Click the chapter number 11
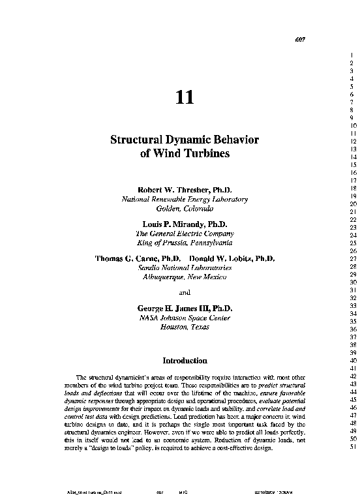pyautogui.click(x=185, y=97)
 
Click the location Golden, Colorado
pyautogui.click(x=185, y=208)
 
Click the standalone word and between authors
pyautogui.click(x=185, y=292)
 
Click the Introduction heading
pyautogui.click(x=185, y=360)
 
